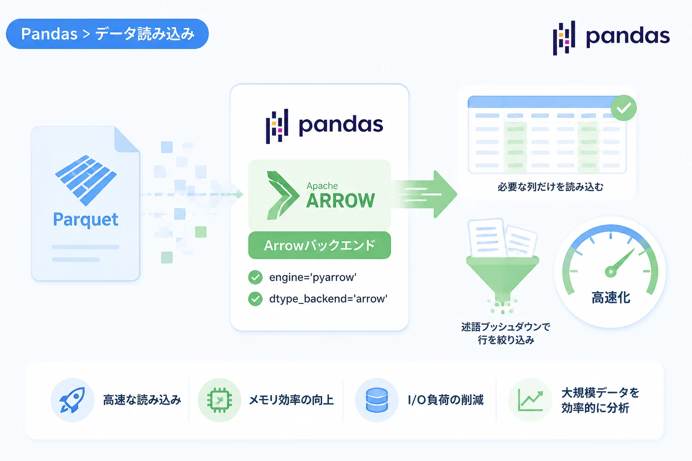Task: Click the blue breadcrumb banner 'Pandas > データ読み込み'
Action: (x=107, y=34)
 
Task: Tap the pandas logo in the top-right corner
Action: (x=611, y=38)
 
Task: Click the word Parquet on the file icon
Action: (x=86, y=220)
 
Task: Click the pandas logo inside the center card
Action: (x=324, y=126)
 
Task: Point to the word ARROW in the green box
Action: (x=341, y=201)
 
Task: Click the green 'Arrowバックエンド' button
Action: (x=319, y=245)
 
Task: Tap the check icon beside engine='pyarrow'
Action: (x=255, y=277)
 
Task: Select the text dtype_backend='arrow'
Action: (x=328, y=299)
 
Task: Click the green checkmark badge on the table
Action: (x=624, y=108)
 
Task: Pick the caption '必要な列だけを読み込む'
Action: (x=550, y=187)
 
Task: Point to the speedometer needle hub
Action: (x=611, y=272)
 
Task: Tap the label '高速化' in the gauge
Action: (x=611, y=298)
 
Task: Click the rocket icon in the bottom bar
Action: (x=72, y=400)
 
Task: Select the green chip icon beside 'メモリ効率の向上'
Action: (x=220, y=400)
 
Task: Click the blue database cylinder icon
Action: (x=377, y=400)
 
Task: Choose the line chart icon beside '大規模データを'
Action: (x=530, y=400)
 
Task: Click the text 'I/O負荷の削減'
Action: (x=446, y=400)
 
